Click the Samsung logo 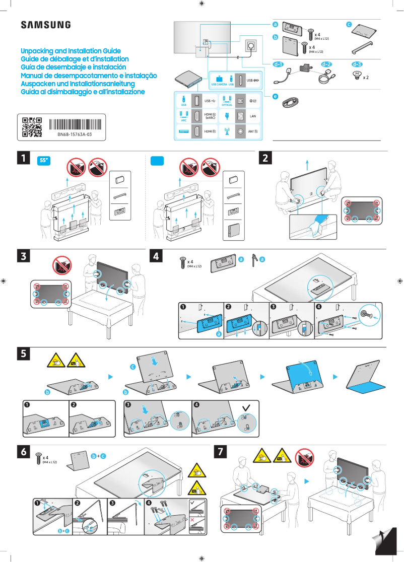(x=45, y=25)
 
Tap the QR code (x=32, y=127)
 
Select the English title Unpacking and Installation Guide (x=71, y=51)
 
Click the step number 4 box (x=157, y=256)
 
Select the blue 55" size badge (x=45, y=161)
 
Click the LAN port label (x=254, y=116)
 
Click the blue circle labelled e (x=275, y=96)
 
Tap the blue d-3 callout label (x=357, y=64)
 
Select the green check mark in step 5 (x=245, y=406)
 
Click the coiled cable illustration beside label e (x=292, y=102)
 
